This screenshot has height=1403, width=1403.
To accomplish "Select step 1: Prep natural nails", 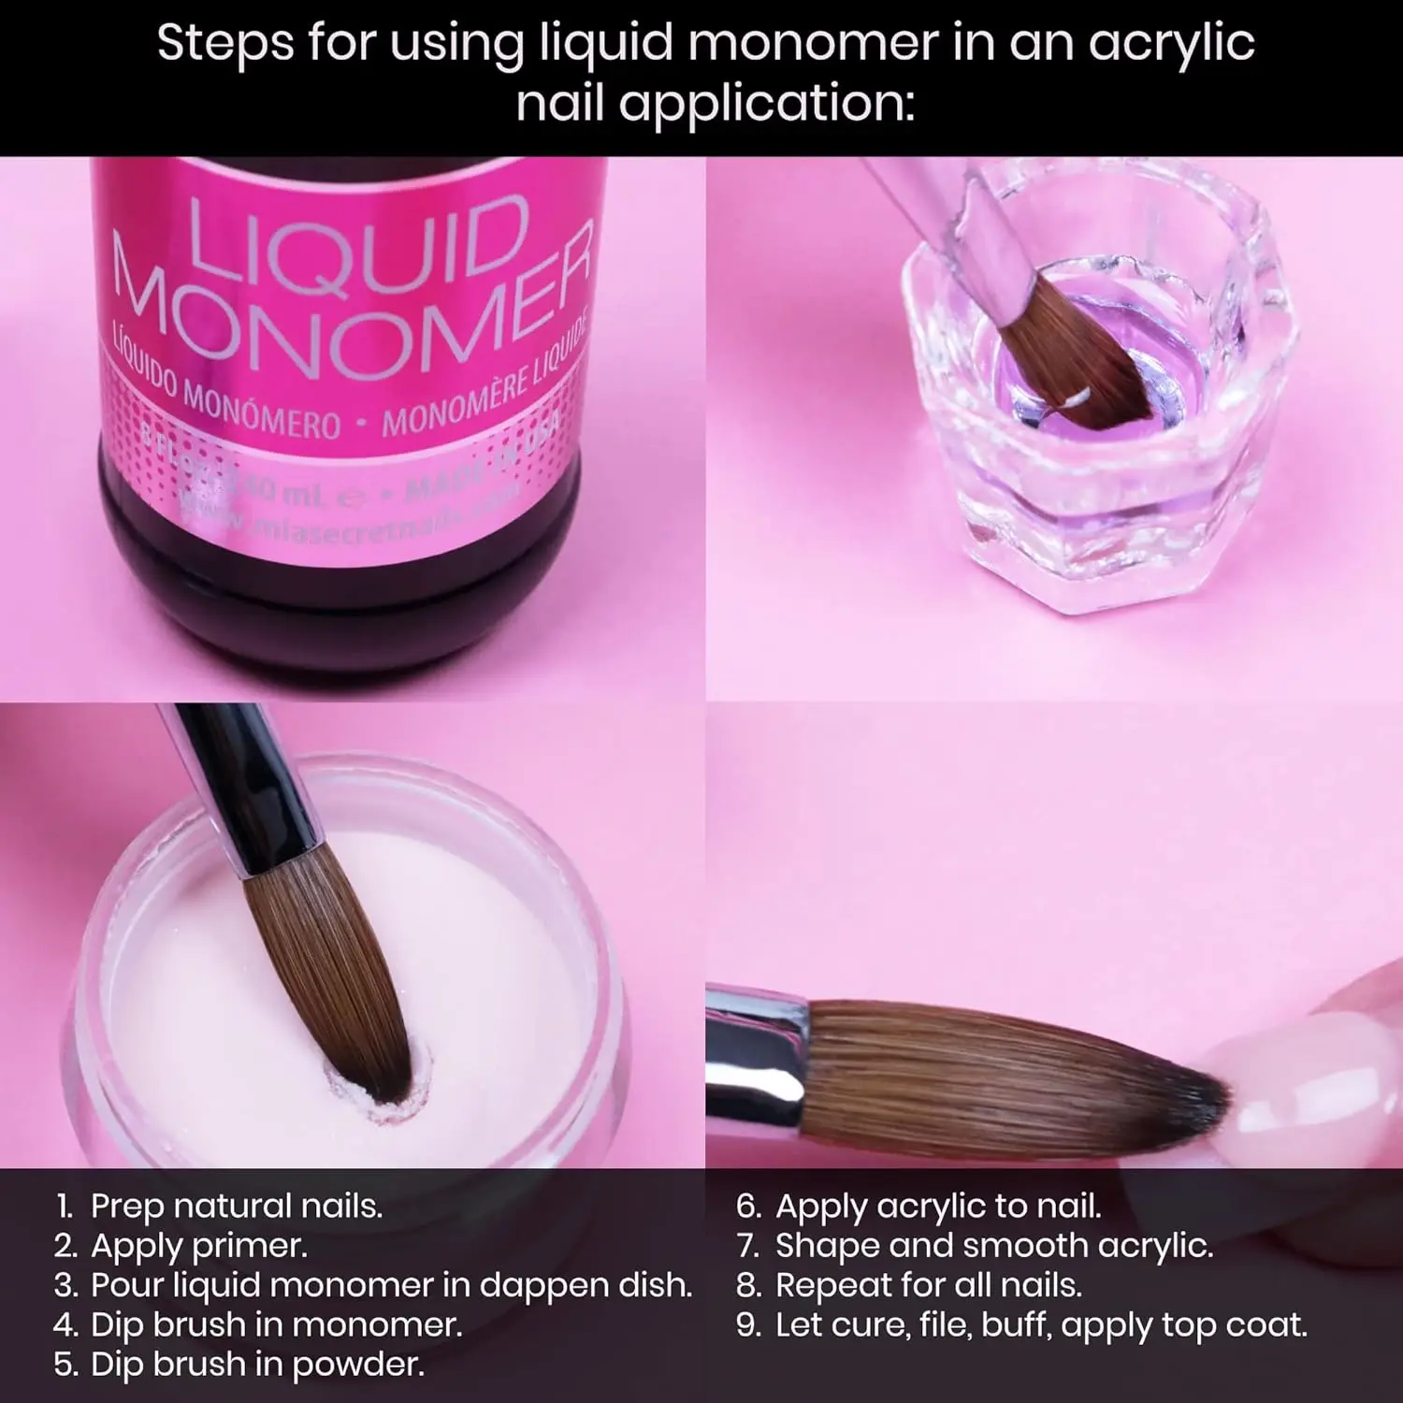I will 220,1206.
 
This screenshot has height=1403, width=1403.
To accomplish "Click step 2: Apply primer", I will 181,1246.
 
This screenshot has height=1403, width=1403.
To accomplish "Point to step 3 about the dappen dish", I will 374,1285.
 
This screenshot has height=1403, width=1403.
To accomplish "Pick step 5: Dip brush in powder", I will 239,1365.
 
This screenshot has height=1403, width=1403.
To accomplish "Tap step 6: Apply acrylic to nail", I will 919,1206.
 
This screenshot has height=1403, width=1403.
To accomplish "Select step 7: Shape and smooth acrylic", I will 976,1246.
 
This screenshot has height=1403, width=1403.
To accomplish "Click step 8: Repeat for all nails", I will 910,1285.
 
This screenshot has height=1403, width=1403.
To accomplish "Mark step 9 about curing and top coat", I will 1022,1324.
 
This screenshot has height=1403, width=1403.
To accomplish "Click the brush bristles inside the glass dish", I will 1076,355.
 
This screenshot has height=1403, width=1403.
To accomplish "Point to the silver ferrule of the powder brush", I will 281,823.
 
